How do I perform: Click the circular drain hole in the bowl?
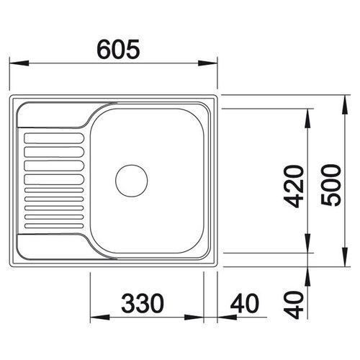[132, 179]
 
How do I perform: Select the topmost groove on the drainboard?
[54, 137]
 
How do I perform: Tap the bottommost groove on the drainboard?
[54, 225]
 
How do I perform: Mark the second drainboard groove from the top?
[54, 152]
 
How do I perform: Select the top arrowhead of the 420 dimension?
[308, 114]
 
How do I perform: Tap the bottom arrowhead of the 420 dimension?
[308, 248]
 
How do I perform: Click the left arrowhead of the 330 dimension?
[95, 317]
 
